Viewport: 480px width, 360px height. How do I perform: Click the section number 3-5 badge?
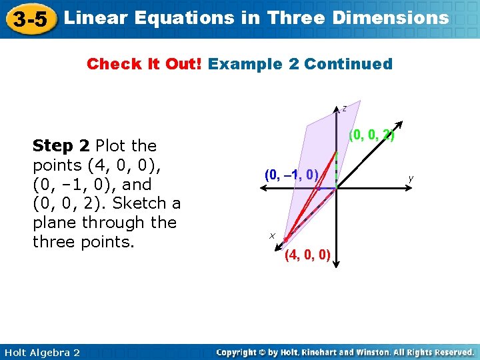point(30,19)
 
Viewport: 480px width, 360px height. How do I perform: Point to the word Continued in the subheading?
point(348,64)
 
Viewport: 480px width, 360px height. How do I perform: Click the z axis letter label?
point(344,108)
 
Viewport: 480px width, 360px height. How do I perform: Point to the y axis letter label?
point(411,178)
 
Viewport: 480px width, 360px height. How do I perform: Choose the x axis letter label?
point(272,235)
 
